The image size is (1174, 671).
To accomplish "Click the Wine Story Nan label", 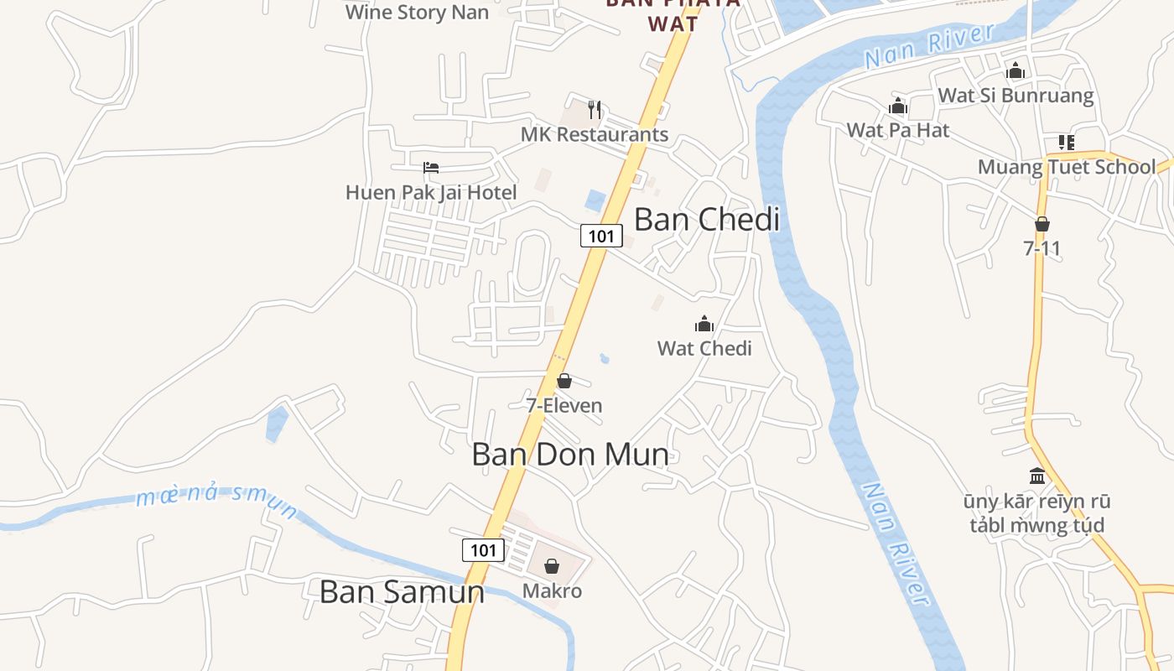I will (x=417, y=13).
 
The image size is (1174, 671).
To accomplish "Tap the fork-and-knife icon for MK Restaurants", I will (x=595, y=109).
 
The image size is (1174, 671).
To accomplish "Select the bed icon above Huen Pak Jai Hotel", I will (x=431, y=168).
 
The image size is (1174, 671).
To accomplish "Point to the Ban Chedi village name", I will (x=707, y=220).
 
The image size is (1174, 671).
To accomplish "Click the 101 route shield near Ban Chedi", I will (x=601, y=236).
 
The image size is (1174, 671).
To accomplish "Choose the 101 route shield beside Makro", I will (x=483, y=550).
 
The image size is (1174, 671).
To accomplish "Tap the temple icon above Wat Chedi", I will (x=704, y=324).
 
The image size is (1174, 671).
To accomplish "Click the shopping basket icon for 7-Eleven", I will (x=564, y=382).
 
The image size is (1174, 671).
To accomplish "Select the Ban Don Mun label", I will (x=570, y=455).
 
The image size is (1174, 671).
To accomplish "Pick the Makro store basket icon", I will (x=552, y=567).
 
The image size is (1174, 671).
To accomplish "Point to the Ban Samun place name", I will (x=402, y=592).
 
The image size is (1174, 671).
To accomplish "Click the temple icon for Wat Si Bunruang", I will (x=1016, y=70).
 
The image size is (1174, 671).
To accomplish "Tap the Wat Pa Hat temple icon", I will (x=898, y=106).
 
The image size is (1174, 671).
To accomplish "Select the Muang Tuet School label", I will (x=1067, y=167).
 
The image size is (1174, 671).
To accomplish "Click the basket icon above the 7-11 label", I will (x=1042, y=224).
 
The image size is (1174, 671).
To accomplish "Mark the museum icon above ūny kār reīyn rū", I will (x=1037, y=476).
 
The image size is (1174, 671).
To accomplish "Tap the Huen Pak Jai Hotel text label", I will (x=431, y=193).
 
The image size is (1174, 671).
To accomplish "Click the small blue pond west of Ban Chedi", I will (x=595, y=200).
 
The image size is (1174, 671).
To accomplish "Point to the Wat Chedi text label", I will (x=704, y=348).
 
